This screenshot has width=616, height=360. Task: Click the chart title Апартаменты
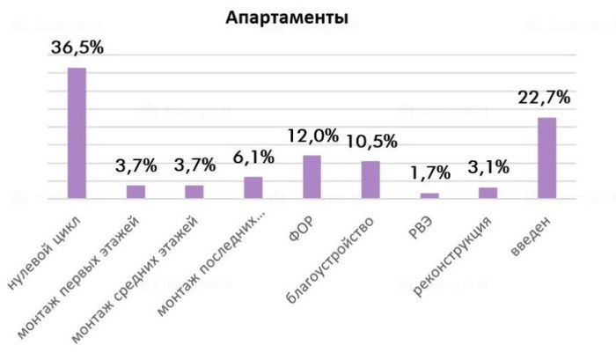coord(286,18)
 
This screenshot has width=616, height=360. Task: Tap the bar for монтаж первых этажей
coord(136,192)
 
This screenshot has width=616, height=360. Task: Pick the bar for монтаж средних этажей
coord(194,192)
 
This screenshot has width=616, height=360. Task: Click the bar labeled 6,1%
coord(253,188)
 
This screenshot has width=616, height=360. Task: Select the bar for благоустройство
coord(370,180)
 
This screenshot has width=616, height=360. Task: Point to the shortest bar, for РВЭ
coord(429,195)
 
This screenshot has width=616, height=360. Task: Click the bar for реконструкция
coord(488,193)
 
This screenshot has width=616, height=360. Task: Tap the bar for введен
coord(546,158)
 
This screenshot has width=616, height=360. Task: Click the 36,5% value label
coord(77,48)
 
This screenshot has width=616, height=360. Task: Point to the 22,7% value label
coord(545,98)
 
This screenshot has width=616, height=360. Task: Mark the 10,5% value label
coord(371,141)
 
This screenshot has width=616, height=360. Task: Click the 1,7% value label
coord(429,173)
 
